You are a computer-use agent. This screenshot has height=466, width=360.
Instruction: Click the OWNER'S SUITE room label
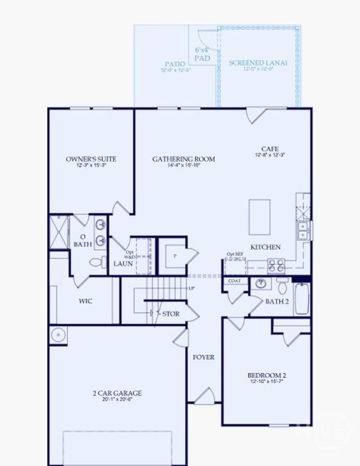click(x=91, y=159)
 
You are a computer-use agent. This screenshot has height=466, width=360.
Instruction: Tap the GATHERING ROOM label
click(x=184, y=159)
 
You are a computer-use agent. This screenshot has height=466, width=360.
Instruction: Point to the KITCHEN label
click(x=266, y=247)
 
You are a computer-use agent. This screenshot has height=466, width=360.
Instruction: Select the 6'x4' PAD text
click(x=202, y=54)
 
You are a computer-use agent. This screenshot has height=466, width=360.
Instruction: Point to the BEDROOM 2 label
click(x=267, y=376)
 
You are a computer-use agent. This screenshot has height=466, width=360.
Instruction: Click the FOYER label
click(x=203, y=357)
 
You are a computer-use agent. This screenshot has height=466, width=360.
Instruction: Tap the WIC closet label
click(x=85, y=301)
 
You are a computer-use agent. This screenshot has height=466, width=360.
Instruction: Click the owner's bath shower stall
click(x=60, y=232)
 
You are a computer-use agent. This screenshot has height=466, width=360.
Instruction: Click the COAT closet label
click(x=234, y=281)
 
